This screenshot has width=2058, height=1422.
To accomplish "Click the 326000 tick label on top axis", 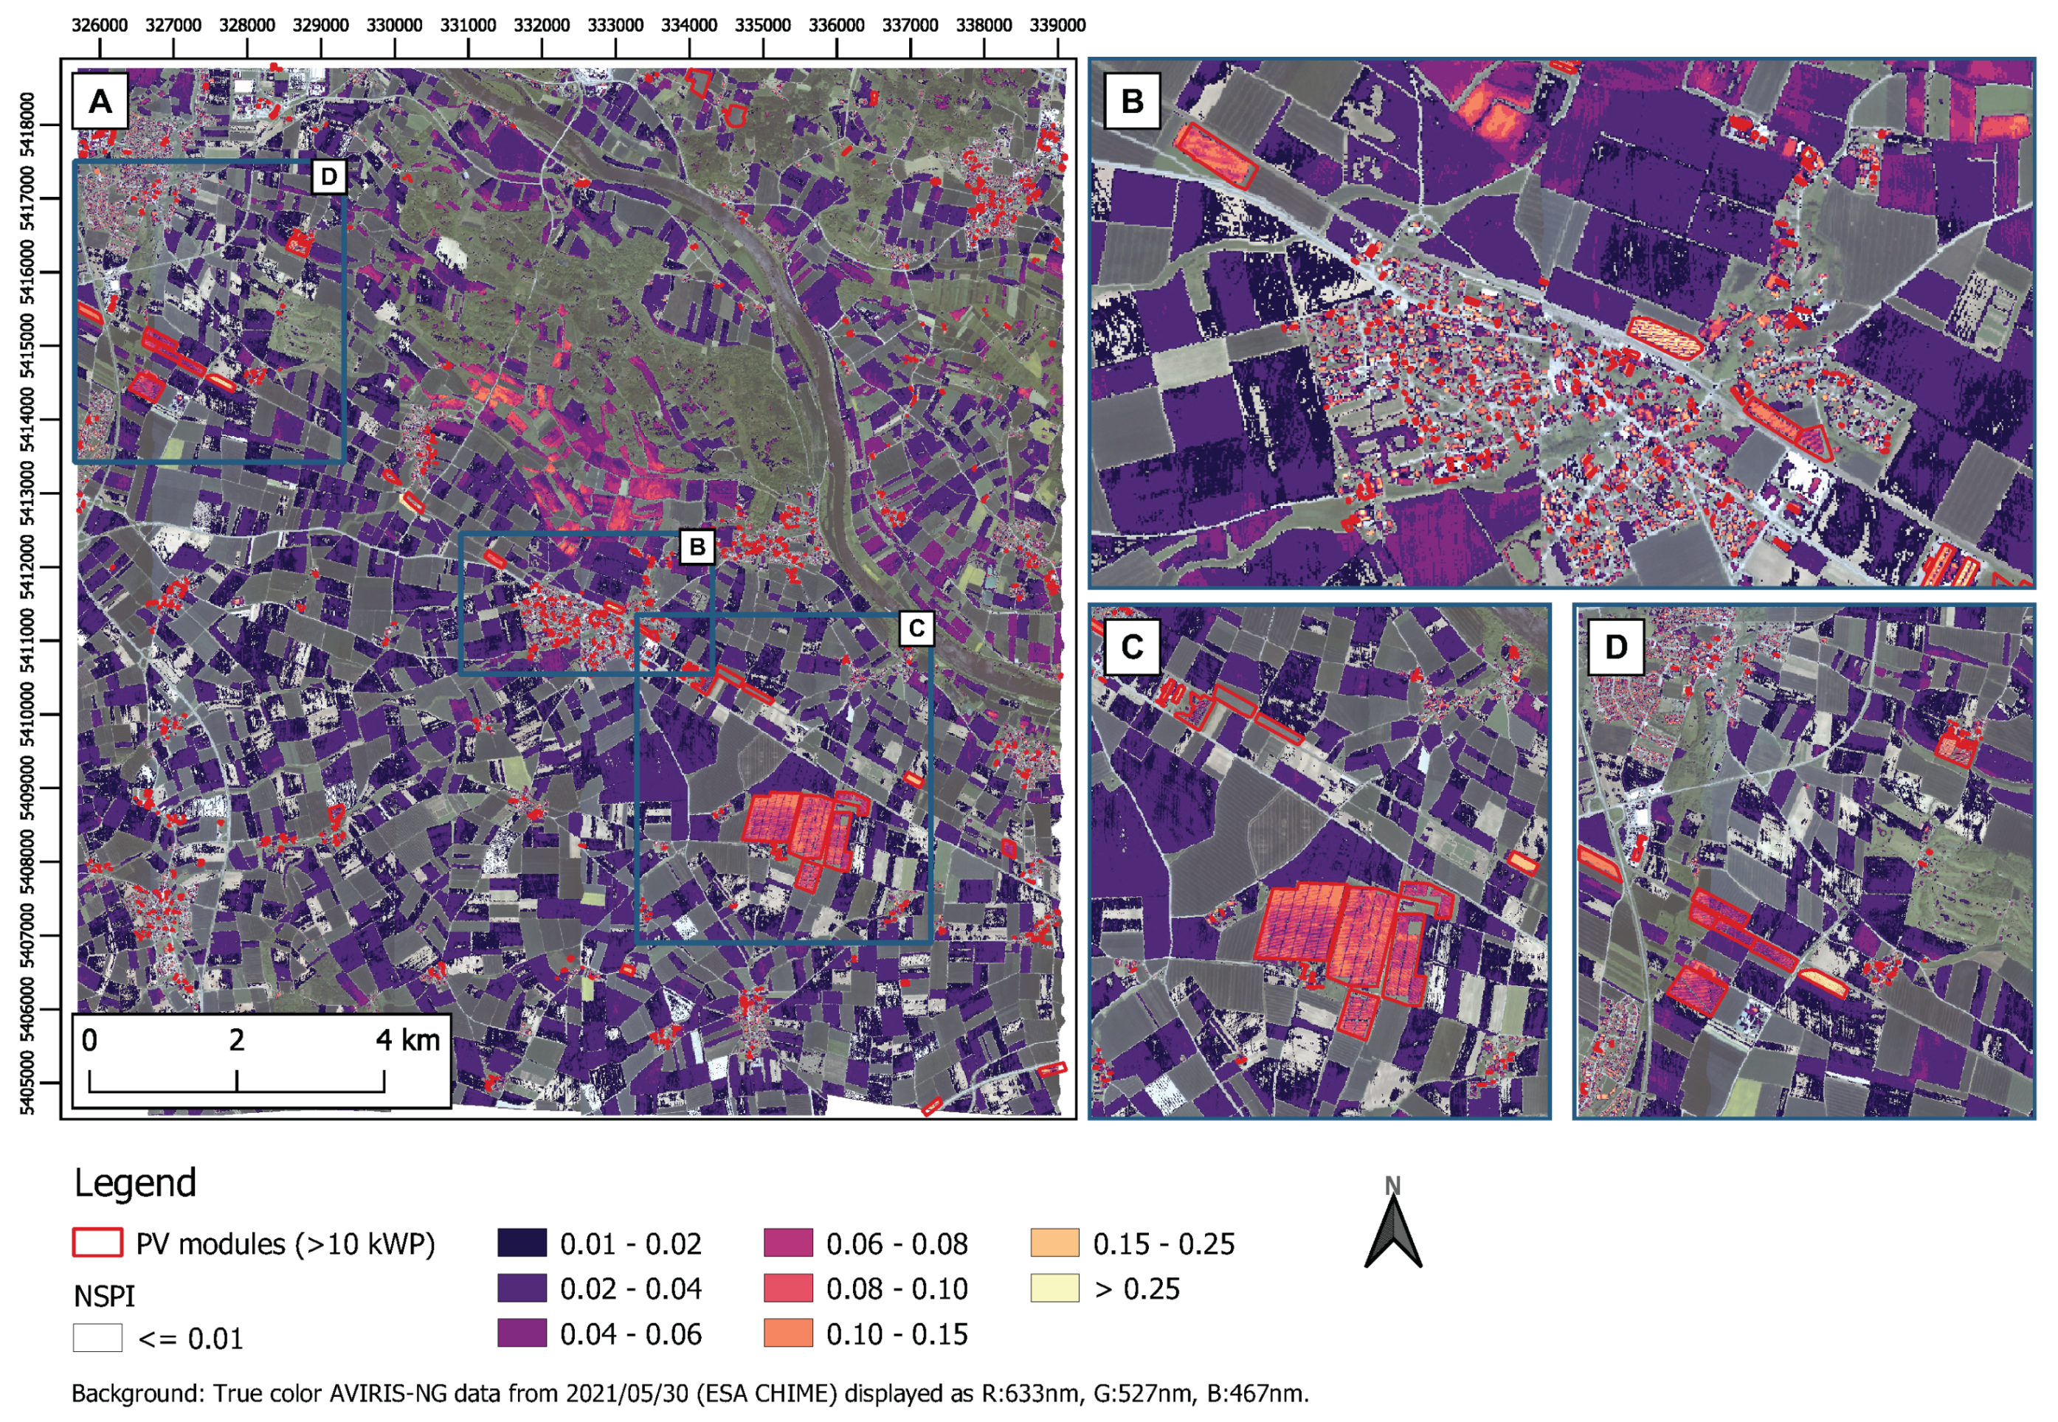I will coord(99,25).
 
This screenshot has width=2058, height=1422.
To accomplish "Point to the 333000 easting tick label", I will coord(615,25).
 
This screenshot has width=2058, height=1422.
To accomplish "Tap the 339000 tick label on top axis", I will coord(1057,25).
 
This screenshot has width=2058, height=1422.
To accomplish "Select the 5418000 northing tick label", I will coord(27,125).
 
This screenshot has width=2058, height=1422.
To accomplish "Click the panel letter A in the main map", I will coord(100,102).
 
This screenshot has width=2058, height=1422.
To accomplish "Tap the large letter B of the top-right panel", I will coord(1132,102).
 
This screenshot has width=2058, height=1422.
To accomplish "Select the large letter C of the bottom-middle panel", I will coord(1132,647).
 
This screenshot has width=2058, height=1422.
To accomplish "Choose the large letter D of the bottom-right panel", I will coord(1616,647).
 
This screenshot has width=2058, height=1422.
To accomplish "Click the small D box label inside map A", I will coord(329,176).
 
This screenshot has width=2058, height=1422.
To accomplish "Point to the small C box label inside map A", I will coord(916,629).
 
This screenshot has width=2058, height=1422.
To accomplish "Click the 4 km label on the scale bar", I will coord(407,1040).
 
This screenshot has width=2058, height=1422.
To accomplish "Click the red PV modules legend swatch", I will coord(97,1243).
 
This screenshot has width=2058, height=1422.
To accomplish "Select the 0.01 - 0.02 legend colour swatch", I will coord(522,1243).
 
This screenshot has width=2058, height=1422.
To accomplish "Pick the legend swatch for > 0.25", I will coord(1054,1289).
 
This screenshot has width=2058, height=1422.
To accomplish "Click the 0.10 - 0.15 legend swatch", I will coord(788,1333).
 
